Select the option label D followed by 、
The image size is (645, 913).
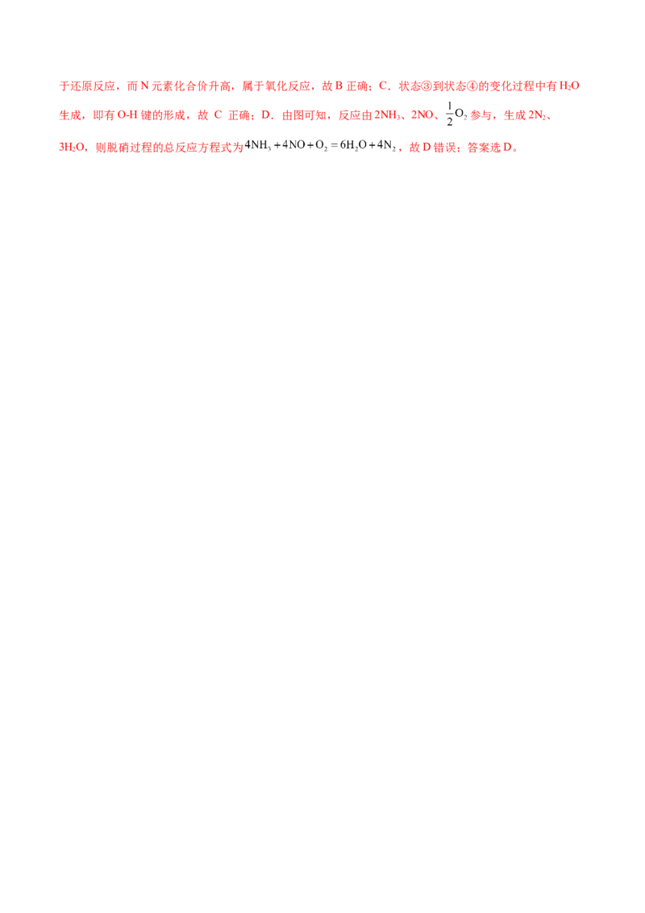[x=269, y=115]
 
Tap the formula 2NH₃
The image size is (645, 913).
[x=356, y=116]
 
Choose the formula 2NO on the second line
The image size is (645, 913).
[x=422, y=116]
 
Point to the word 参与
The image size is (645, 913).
[x=481, y=116]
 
